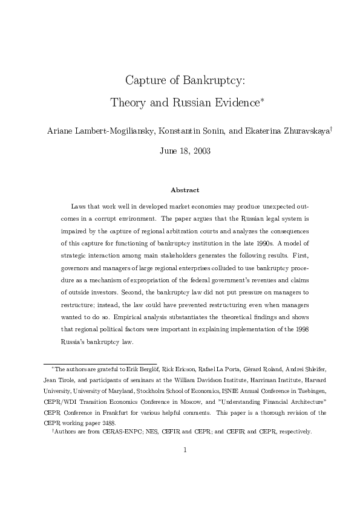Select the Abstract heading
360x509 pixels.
pos(185,190)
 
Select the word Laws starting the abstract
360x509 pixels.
pos(79,206)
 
